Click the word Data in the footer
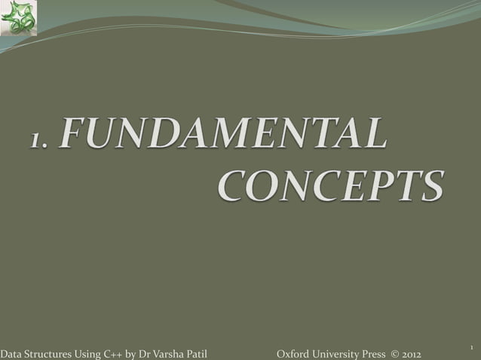pos(11,354)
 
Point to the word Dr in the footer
pos(144,354)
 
